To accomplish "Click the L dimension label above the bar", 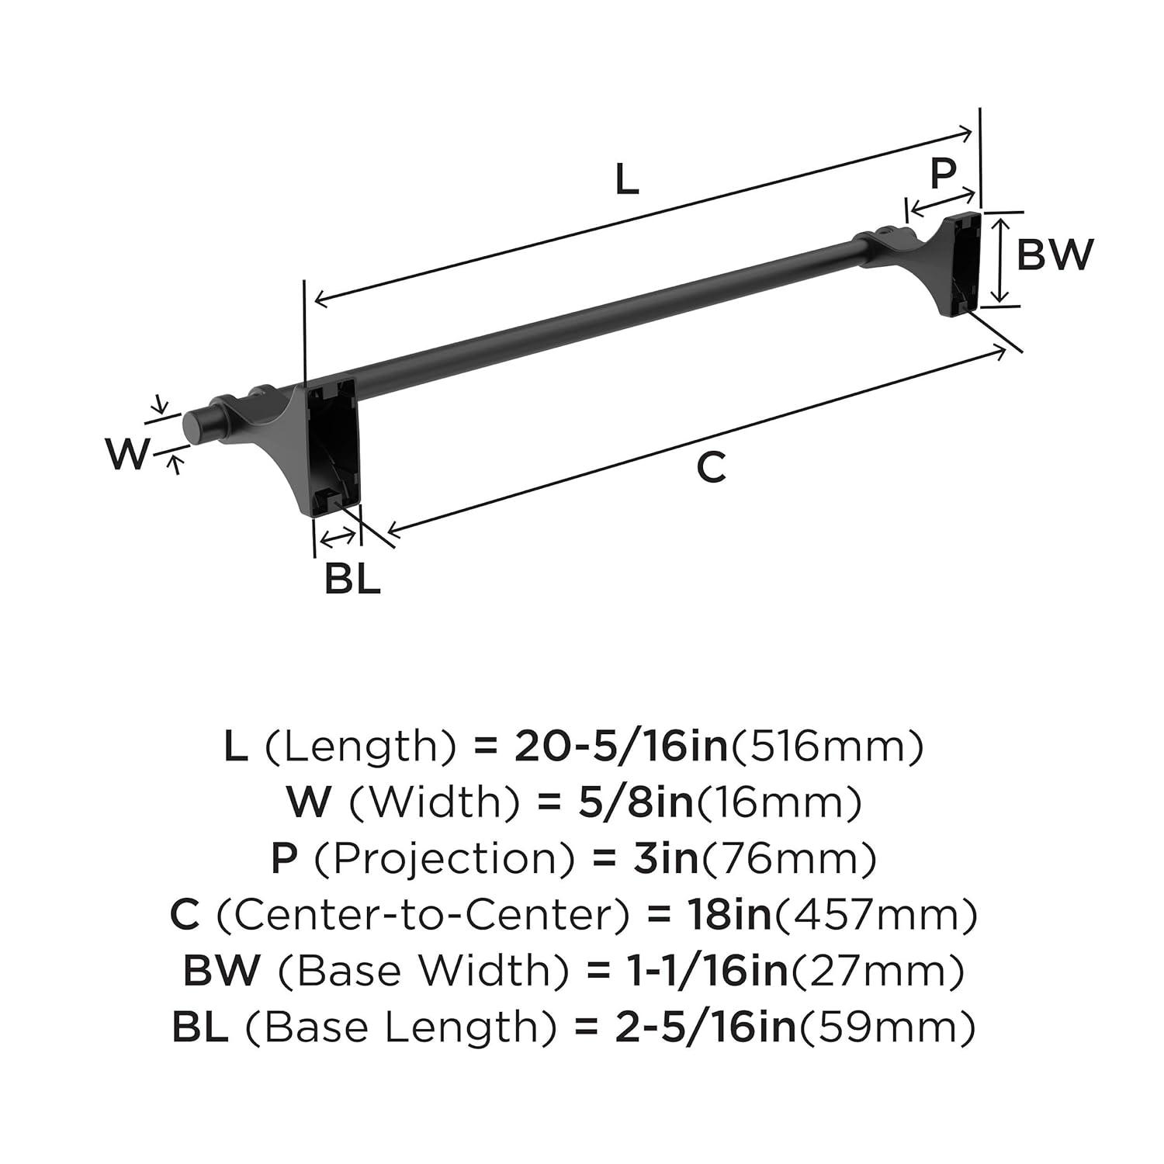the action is (x=627, y=180).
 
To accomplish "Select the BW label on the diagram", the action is (x=1055, y=255).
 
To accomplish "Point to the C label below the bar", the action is (x=710, y=467).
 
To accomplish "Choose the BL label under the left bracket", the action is (x=352, y=579).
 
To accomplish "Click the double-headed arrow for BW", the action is (x=1002, y=260).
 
